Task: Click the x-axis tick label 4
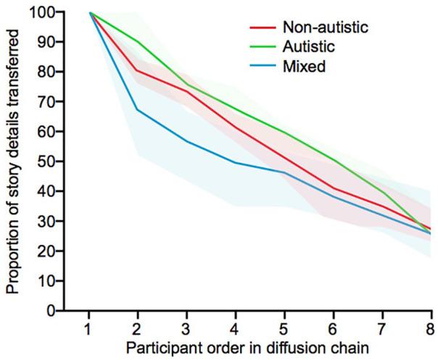click(x=235, y=325)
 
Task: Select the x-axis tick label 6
click(x=332, y=325)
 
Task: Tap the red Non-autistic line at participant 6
click(x=332, y=188)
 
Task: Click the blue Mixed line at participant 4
click(x=235, y=162)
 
